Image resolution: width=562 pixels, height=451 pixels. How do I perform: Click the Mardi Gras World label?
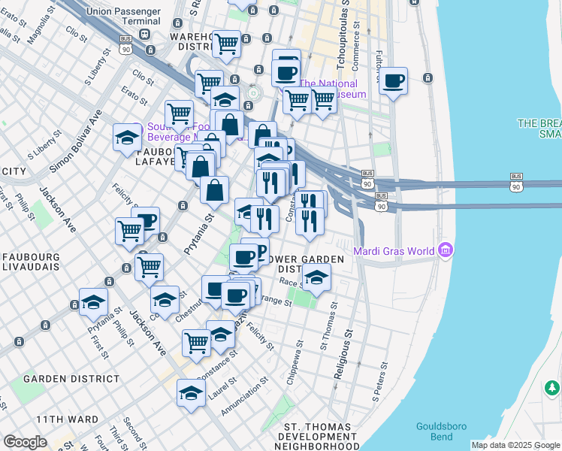tap(397, 250)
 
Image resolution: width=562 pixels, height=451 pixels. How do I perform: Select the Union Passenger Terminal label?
tap(123, 16)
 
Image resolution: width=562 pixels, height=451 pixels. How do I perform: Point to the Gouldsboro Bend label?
tap(441, 431)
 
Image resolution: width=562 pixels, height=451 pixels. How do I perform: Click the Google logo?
tap(25, 442)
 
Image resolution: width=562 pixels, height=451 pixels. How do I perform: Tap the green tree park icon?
tap(552, 388)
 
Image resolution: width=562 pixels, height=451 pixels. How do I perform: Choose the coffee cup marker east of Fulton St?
tap(394, 80)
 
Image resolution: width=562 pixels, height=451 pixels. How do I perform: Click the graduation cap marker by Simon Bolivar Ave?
tap(127, 138)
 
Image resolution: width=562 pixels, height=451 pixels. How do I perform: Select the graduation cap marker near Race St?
tap(316, 278)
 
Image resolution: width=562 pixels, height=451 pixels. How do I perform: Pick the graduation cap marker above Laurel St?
tap(191, 393)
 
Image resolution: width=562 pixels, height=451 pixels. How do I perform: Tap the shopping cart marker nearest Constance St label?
tap(196, 342)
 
